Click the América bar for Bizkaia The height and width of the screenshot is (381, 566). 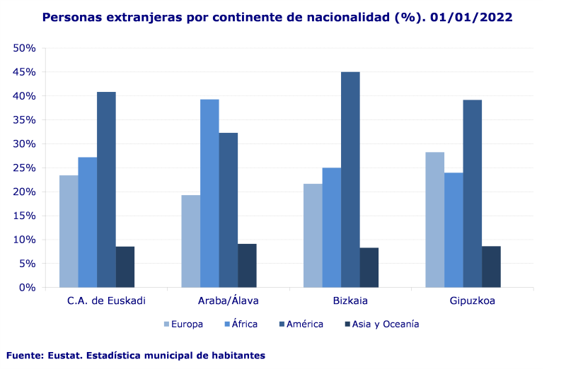(x=350, y=180)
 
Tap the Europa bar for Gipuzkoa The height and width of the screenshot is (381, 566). (x=434, y=220)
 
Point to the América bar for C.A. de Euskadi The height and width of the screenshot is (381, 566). (x=106, y=189)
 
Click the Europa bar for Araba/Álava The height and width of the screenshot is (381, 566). (x=190, y=241)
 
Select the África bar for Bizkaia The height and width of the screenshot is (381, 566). (x=331, y=227)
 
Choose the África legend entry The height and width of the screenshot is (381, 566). (x=240, y=324)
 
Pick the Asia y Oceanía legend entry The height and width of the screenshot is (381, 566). (x=381, y=324)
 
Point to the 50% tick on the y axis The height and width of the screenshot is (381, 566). (x=25, y=48)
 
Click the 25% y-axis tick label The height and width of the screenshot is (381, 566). (x=25, y=168)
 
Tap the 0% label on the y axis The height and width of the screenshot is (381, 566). (x=28, y=288)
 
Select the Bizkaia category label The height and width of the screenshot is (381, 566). (x=350, y=301)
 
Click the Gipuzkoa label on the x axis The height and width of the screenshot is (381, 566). (x=472, y=301)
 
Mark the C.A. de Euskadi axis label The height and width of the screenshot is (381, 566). (x=106, y=301)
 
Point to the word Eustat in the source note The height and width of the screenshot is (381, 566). (x=67, y=356)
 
